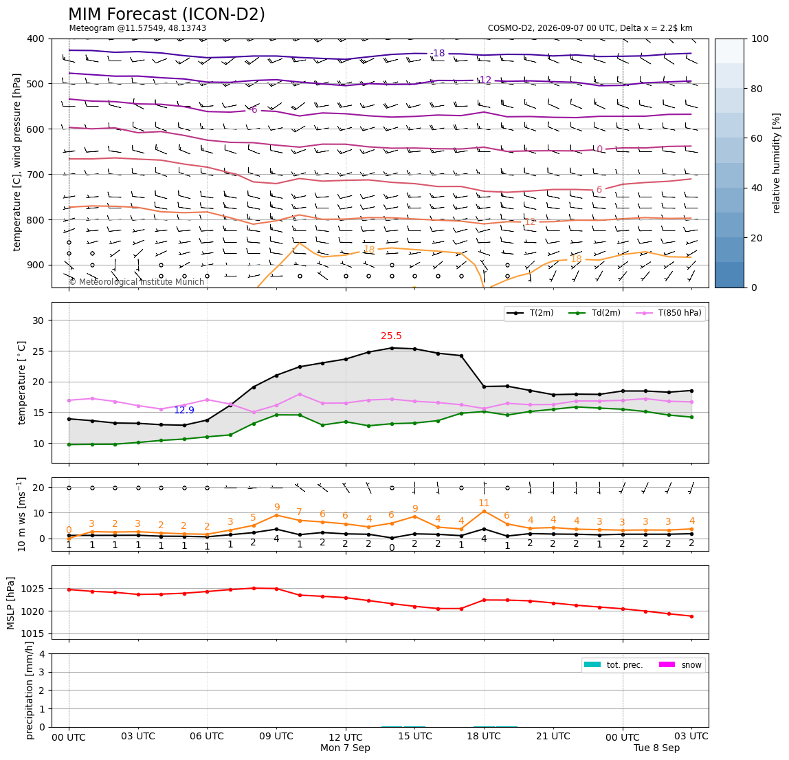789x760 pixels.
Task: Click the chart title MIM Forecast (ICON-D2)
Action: coord(166,14)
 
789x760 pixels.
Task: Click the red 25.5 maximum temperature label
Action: coord(391,336)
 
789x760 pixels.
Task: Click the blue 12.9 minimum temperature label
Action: coord(184,410)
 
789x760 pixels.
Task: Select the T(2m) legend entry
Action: coord(530,313)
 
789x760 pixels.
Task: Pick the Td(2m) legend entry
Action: coord(594,313)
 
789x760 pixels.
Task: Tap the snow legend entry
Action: coord(680,665)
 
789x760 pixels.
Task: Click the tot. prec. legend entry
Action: coord(613,665)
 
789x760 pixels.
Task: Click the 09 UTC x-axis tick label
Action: coord(276,736)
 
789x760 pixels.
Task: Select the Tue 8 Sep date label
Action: coord(656,748)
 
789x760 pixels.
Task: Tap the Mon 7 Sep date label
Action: coord(345,748)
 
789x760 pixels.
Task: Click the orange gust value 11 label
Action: coord(484,503)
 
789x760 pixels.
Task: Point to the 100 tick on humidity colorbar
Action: coord(759,39)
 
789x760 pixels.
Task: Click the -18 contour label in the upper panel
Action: coord(438,54)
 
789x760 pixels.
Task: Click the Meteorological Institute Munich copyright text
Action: coord(137,281)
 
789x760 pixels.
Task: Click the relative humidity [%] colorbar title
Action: coord(777,163)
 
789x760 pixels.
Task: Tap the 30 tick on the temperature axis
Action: coord(39,321)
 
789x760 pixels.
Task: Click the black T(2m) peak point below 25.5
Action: coord(392,348)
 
